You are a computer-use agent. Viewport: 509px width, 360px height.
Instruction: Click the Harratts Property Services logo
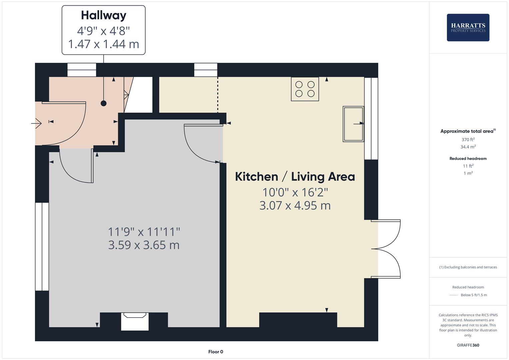pos(468,27)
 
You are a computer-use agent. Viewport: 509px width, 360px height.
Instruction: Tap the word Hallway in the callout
pos(104,16)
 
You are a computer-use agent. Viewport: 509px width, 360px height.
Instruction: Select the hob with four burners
pos(305,89)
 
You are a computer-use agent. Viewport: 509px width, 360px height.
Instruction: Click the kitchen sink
pos(353,124)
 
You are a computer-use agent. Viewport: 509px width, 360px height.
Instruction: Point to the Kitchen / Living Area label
pos(295,177)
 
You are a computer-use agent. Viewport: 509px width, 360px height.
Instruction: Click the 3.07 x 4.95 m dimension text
pos(295,206)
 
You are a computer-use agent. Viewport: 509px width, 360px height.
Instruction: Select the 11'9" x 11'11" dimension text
pos(144,232)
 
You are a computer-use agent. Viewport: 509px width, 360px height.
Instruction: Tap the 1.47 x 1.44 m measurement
pos(104,44)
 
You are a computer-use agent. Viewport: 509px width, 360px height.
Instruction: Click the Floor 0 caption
pos(216,352)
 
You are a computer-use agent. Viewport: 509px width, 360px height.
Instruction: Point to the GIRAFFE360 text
pos(468,345)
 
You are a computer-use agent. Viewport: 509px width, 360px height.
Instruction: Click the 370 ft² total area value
pos(468,140)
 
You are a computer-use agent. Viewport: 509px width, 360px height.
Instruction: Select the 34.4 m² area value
pos(468,147)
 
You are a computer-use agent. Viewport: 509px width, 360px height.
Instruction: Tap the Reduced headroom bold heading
pos(468,159)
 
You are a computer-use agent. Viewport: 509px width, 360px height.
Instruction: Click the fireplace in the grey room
pos(135,321)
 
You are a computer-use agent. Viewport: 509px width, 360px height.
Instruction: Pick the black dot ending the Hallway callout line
pos(104,103)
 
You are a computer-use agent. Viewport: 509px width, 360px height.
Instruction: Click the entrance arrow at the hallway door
pos(36,123)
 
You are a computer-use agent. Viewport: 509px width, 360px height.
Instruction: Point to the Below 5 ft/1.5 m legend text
pos(474,295)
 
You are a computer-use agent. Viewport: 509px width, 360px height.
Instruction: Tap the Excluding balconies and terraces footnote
pos(468,267)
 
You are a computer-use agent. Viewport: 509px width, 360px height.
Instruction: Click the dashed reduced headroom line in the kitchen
pos(218,95)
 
